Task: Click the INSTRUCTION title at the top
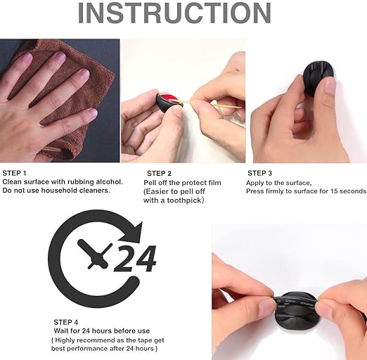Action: coord(174,13)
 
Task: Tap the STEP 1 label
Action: coord(14,173)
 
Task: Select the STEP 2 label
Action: coord(159,174)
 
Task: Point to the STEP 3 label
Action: coord(259,173)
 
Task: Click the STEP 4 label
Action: coord(66,322)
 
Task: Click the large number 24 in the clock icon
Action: coord(135,258)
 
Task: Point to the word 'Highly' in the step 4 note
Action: coord(65,340)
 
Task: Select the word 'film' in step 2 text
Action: coord(214,183)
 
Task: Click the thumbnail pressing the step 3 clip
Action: coord(330,86)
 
